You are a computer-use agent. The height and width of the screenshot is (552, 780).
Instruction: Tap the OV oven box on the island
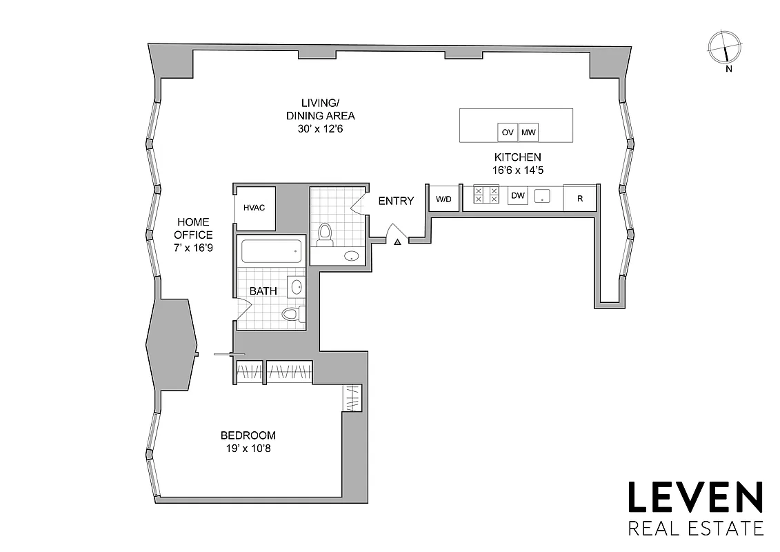coord(507,132)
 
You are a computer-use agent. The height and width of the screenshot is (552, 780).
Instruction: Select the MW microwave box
coord(528,132)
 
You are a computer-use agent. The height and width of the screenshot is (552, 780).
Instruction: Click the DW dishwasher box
coord(517,197)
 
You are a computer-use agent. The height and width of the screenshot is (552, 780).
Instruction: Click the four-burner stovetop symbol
coord(486,195)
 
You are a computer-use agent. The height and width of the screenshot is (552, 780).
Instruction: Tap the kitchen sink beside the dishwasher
coord(543,196)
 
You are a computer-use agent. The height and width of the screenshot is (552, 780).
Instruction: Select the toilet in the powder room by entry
coord(325,235)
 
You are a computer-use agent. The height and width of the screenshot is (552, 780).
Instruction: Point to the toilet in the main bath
coord(292,315)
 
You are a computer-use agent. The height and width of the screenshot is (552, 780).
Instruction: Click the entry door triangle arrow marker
coord(397,241)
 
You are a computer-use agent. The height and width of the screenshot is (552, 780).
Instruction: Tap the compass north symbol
coord(726,49)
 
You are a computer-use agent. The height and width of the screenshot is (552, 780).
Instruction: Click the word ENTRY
coord(396,201)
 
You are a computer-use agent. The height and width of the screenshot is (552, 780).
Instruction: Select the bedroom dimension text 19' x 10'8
coord(248,448)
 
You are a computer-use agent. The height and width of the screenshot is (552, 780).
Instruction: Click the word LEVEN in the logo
coord(694,499)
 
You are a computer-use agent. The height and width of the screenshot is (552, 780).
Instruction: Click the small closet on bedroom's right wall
coord(352,398)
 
